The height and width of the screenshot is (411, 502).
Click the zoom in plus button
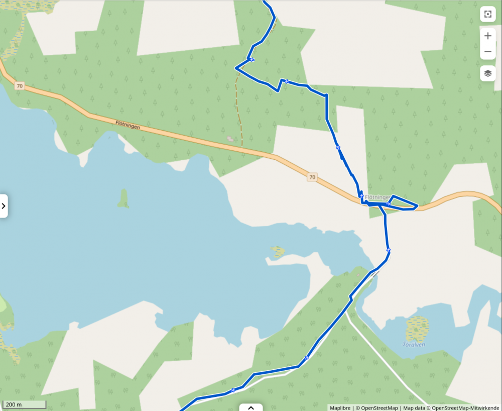(487, 36)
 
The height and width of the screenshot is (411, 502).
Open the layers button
(487, 73)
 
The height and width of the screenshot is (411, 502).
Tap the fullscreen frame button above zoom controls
(487, 15)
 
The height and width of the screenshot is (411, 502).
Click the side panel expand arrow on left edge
(4, 205)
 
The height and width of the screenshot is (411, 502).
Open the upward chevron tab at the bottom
(251, 407)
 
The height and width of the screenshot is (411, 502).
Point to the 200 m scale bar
(24, 404)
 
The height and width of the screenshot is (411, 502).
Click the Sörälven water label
(414, 345)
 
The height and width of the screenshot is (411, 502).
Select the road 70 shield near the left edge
(19, 86)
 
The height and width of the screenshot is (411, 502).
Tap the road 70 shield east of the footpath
(312, 177)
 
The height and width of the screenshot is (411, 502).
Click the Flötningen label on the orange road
(128, 125)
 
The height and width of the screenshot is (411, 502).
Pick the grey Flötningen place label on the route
(376, 197)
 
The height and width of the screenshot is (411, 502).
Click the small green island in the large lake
(123, 198)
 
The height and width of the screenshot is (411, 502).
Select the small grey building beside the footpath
(230, 138)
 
